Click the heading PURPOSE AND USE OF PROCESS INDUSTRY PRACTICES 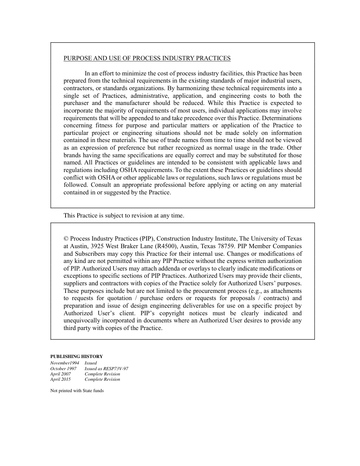pos(147,58)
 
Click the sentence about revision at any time pos(124,216)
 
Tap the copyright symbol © pos(66,239)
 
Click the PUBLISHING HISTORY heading pos(77,357)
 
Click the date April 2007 pos(61,374)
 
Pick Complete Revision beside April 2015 pos(102,379)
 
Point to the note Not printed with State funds pos(77,391)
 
